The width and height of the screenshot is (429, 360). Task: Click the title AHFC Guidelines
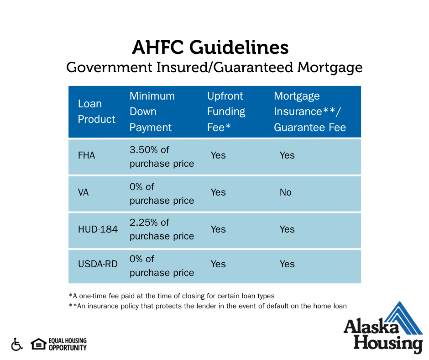(210, 47)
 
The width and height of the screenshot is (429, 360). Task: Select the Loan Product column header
(97, 111)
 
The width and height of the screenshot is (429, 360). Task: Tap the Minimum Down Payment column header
(152, 111)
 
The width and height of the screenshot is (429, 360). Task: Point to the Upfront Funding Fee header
(226, 111)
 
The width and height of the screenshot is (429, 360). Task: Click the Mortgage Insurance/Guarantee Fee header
(310, 111)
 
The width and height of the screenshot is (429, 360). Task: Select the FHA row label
(86, 155)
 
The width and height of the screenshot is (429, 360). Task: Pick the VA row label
(83, 192)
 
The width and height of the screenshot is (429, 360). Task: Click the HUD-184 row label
(98, 229)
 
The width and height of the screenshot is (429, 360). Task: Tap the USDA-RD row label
(98, 264)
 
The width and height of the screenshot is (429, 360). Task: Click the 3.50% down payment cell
(162, 157)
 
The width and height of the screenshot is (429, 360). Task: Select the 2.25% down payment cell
(162, 229)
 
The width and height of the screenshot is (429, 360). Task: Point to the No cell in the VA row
(285, 192)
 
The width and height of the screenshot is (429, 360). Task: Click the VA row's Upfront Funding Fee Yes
(218, 192)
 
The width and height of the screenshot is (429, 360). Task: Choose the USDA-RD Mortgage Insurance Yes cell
(287, 264)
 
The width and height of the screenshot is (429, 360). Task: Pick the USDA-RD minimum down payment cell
(162, 266)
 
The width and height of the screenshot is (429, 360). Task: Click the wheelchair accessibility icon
(17, 344)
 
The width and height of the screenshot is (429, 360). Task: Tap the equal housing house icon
(38, 344)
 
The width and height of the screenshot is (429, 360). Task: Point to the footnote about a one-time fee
(172, 296)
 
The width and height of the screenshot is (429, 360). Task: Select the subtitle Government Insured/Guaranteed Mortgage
(214, 68)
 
